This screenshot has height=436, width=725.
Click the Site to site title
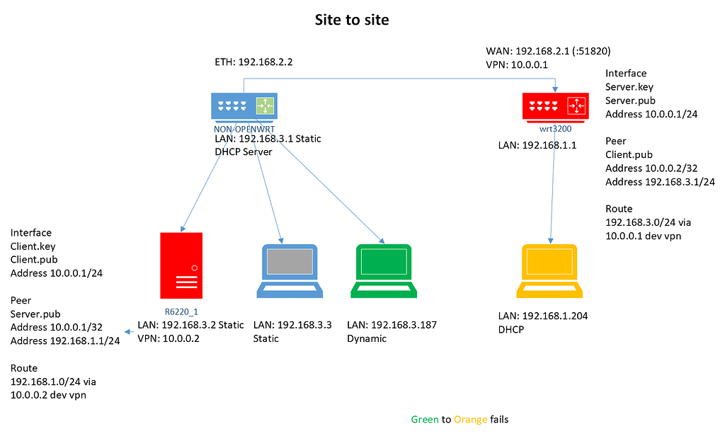352,20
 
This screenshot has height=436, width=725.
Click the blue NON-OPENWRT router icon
244,107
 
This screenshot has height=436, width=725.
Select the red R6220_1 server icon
181,265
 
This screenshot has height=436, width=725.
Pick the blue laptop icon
290,271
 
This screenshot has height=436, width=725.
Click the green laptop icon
384,271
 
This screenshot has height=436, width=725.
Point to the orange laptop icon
549,271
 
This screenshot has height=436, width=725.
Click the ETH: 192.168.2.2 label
253,62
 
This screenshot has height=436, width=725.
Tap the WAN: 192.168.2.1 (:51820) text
548,51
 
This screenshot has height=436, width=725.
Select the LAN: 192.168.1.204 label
543,316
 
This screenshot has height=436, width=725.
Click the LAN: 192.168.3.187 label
392,325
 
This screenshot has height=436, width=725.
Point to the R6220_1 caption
181,311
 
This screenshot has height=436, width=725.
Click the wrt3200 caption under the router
555,129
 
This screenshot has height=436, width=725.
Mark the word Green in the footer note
425,419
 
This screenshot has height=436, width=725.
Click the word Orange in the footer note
470,419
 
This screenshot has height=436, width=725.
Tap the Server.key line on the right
629,87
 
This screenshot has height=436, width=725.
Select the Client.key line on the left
33,246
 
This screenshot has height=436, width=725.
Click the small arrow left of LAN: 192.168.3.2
129,331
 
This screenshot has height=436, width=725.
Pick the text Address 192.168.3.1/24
660,182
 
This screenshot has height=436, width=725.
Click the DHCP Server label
244,151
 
